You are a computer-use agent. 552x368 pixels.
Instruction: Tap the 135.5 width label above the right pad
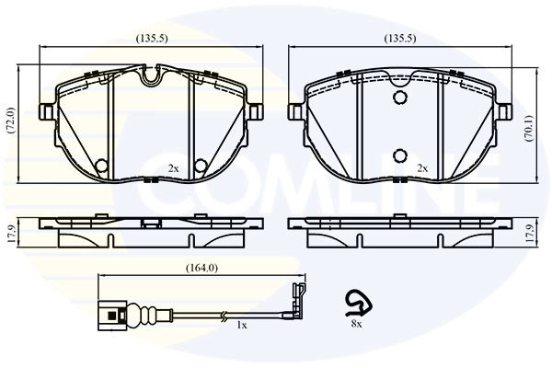click(399, 40)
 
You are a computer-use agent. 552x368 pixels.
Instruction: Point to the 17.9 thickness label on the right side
click(540, 233)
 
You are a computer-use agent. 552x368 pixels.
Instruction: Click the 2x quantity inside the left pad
click(173, 168)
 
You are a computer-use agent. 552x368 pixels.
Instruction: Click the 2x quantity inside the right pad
click(422, 168)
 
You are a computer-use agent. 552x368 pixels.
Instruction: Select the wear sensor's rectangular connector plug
click(110, 314)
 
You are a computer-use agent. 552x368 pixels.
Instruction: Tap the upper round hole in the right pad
click(399, 98)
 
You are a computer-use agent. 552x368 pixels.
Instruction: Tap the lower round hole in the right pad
click(399, 155)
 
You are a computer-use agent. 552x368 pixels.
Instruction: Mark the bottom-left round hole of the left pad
click(101, 166)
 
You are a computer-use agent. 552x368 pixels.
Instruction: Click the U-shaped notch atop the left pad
click(151, 76)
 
